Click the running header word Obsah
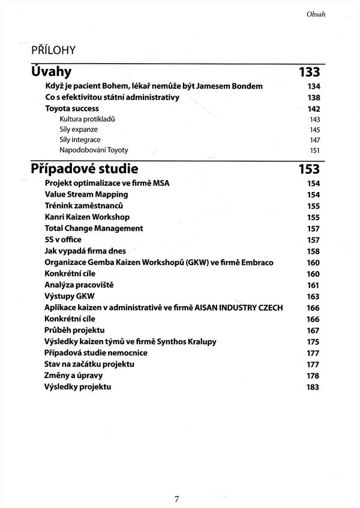[x=315, y=14]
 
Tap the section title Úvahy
[x=51, y=72]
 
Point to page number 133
[x=309, y=73]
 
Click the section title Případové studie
[x=85, y=169]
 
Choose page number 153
[x=309, y=169]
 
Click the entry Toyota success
[x=72, y=109]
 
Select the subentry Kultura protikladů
[x=87, y=119]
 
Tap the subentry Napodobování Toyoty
[x=94, y=150]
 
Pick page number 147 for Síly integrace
[x=314, y=140]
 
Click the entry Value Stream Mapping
[x=86, y=194]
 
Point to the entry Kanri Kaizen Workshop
[x=87, y=217]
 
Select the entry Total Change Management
[x=94, y=228]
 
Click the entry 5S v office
[x=63, y=239]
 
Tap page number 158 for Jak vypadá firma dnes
[x=313, y=251]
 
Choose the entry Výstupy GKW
[x=70, y=296]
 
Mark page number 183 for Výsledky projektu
[x=313, y=387]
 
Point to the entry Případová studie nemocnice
[x=96, y=353]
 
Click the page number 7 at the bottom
[x=177, y=498]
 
